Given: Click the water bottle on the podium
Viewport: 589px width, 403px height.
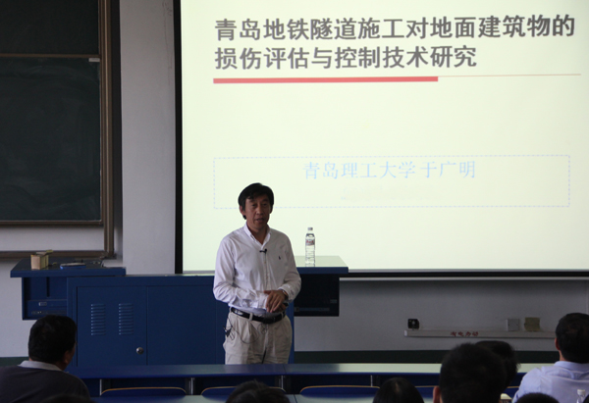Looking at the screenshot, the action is (310, 246).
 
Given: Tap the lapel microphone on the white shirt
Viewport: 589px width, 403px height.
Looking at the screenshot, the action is (264, 250).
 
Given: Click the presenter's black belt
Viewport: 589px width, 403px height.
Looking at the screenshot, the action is (257, 317).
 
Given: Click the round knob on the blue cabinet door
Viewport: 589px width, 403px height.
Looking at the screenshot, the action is (139, 350).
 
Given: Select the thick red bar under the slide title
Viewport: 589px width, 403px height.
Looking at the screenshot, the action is (325, 79).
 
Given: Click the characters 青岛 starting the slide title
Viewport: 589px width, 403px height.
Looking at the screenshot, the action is (238, 28).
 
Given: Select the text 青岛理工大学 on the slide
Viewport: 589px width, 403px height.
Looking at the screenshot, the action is (359, 171).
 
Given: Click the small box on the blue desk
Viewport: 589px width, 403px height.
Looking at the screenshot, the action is (41, 259).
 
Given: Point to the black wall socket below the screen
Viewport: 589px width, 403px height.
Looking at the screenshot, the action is (413, 324).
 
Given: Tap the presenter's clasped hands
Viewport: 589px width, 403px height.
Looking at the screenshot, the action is (275, 300).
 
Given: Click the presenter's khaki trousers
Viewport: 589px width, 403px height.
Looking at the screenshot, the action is (257, 339).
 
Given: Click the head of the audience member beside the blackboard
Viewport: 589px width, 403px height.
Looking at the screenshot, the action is (52, 340).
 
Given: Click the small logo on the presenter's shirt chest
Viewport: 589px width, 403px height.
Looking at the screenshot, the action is (280, 258).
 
